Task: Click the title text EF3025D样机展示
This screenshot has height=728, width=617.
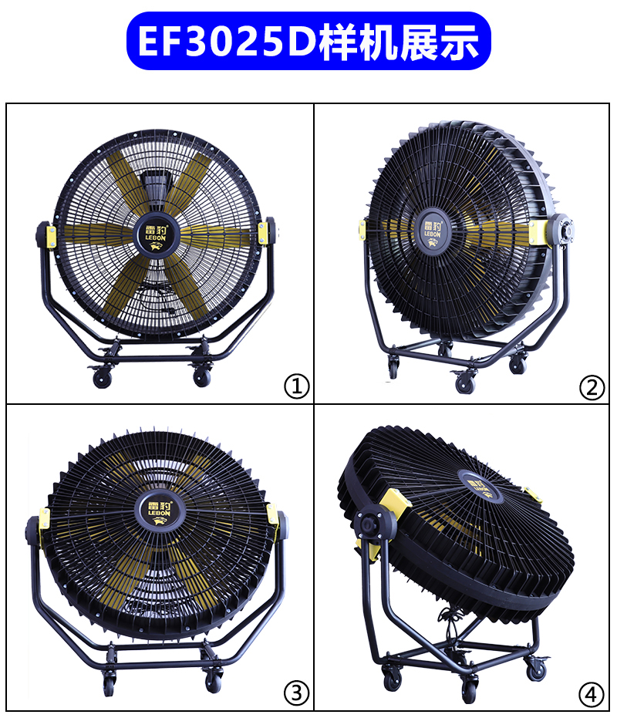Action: pos(308,42)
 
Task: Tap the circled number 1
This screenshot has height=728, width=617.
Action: pos(297,386)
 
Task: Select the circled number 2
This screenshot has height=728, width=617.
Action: pos(592,387)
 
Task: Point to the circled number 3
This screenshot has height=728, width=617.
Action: pos(297,693)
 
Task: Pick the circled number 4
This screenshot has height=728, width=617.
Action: pos(592,694)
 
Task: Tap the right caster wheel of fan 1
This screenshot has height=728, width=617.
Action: pos(202,377)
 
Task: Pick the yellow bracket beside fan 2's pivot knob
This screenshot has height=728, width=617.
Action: pos(538,233)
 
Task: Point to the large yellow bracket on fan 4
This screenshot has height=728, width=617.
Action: pos(395,502)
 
